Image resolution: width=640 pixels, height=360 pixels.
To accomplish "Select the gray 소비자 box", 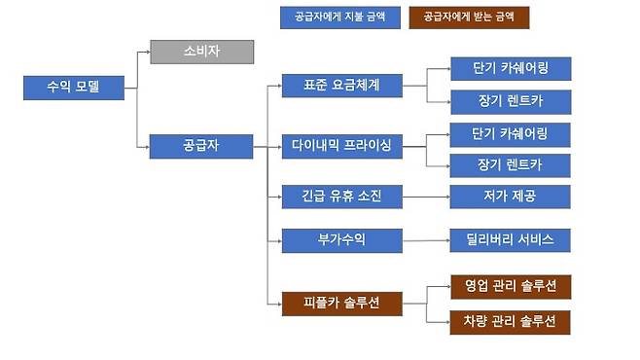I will point(201,52).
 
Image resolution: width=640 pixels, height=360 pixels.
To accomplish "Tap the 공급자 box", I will point(201,147).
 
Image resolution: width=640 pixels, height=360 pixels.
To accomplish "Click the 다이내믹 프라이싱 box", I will point(340,147).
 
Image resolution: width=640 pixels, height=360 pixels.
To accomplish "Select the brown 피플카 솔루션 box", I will point(340,304).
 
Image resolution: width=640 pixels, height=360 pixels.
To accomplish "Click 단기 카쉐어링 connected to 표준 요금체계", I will point(510,69).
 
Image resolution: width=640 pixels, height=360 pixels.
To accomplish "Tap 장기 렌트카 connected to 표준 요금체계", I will point(510,101).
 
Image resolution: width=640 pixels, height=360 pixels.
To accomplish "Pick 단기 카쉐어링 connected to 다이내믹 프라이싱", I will point(510,132).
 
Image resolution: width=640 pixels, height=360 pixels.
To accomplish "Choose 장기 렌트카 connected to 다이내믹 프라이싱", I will point(510,163).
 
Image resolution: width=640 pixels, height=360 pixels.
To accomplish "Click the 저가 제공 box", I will point(510,196).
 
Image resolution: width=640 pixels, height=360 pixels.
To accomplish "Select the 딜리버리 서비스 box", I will point(510,239).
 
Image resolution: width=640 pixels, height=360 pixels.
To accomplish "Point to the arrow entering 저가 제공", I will point(443,196).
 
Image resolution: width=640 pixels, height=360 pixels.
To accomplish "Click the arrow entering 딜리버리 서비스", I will point(443,239).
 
